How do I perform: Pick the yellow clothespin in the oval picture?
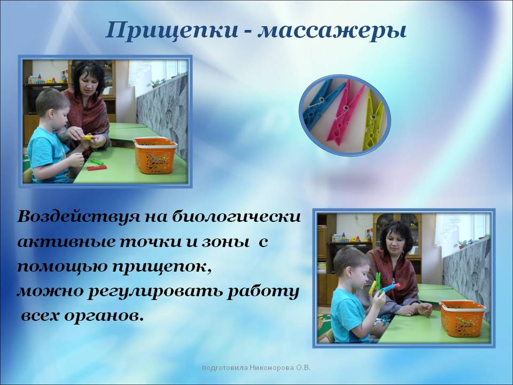[372, 121]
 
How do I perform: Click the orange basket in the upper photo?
[155, 155]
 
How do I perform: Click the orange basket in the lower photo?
[463, 318]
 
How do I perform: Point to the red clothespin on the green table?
[97, 168]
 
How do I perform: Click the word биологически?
[236, 217]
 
